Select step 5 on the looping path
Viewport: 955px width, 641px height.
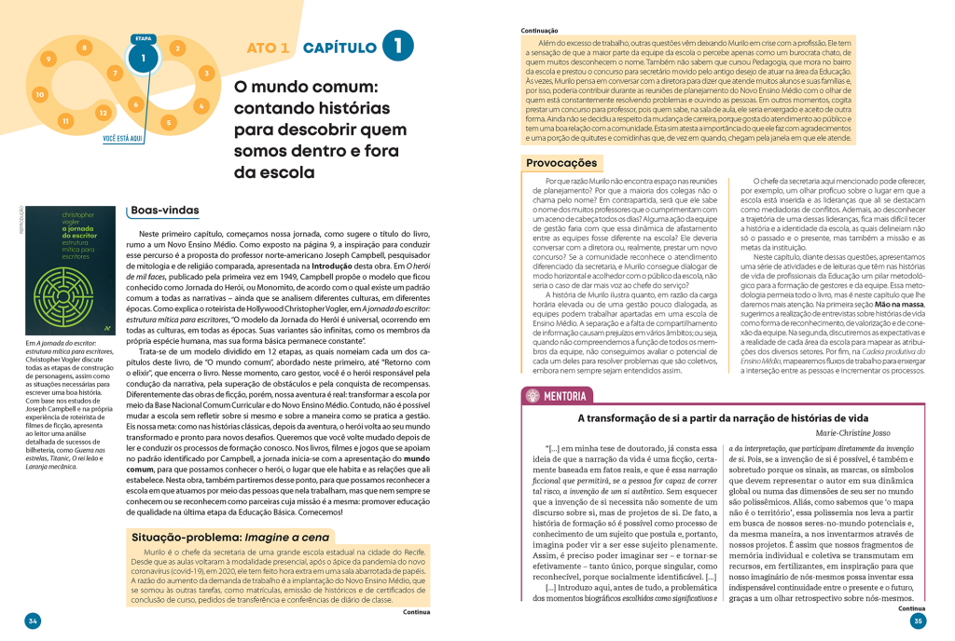[x=168, y=121]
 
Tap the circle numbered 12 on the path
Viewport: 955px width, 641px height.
[x=104, y=111]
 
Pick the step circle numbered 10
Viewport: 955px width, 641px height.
[x=39, y=94]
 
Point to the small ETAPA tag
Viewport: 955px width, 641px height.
[x=144, y=39]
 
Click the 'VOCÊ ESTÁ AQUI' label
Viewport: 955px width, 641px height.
[x=122, y=140]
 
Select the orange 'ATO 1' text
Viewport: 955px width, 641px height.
[x=269, y=48]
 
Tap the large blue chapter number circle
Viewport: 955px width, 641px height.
[x=397, y=46]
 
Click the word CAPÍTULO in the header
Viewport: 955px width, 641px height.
[x=339, y=48]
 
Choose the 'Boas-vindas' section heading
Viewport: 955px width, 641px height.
[x=165, y=211]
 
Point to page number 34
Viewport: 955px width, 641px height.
[x=33, y=621]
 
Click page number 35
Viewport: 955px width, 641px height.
[x=918, y=621]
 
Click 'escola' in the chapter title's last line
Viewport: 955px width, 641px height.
[x=282, y=171]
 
